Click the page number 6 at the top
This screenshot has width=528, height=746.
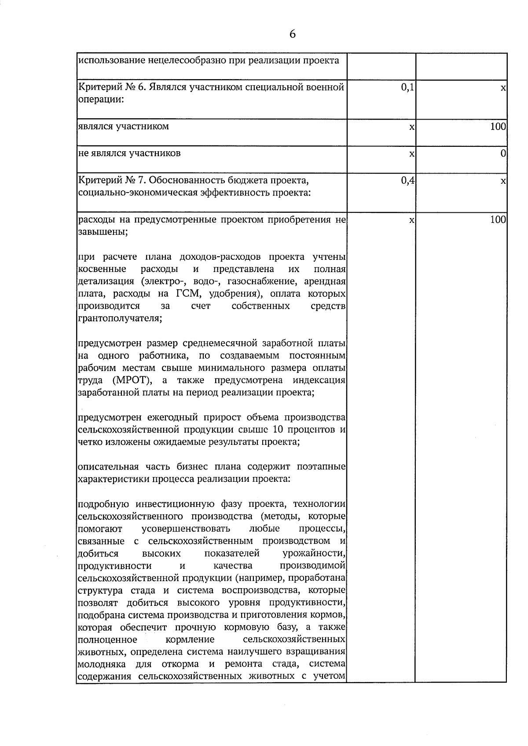pyautogui.click(x=293, y=34)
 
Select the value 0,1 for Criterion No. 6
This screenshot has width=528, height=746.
pyautogui.click(x=407, y=87)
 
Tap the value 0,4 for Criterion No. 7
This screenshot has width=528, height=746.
pyautogui.click(x=407, y=180)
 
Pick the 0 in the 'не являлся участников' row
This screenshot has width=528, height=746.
pyautogui.click(x=503, y=153)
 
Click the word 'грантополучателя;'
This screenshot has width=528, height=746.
pyautogui.click(x=120, y=318)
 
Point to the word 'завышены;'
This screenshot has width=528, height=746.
pyautogui.click(x=103, y=232)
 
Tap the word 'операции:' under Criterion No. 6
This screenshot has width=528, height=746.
pyautogui.click(x=101, y=100)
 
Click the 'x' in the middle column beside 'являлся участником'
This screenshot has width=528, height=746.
pyautogui.click(x=411, y=127)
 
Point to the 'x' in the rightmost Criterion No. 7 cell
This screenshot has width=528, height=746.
pyautogui.click(x=503, y=181)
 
